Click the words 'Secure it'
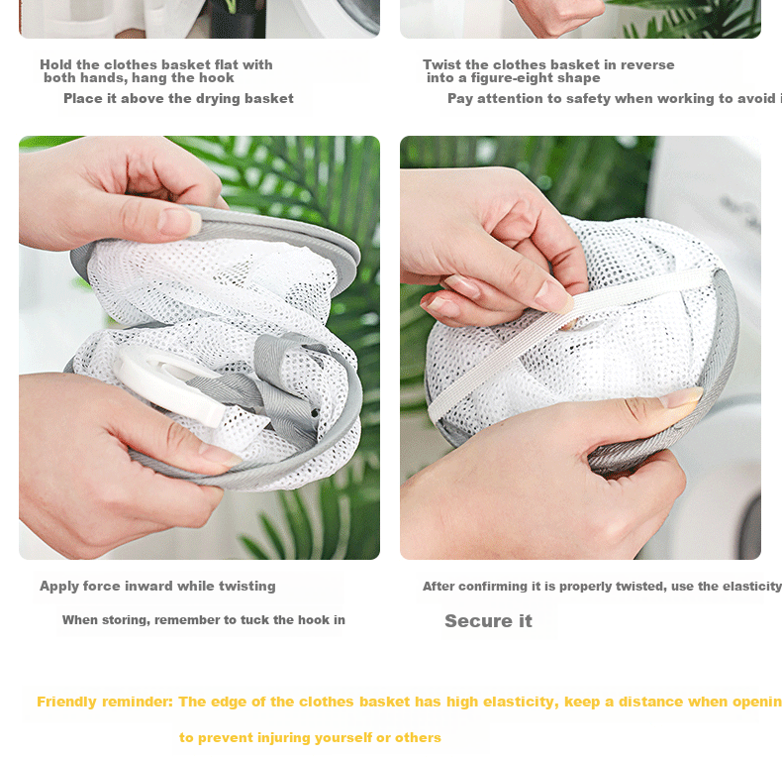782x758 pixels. pyautogui.click(x=488, y=620)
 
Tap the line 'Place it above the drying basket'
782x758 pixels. pyautogui.click(x=178, y=98)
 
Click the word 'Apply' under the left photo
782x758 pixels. pyautogui.click(x=58, y=587)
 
